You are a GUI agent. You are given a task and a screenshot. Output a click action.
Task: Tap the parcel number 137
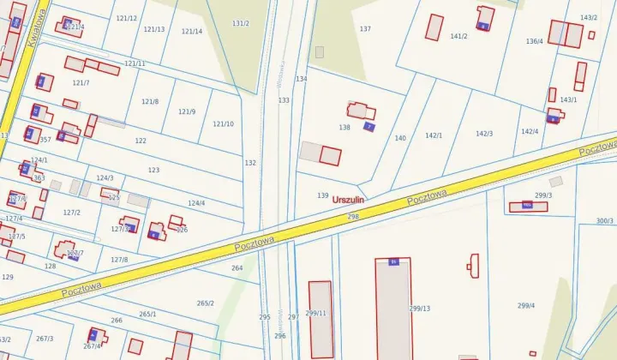tap(365, 29)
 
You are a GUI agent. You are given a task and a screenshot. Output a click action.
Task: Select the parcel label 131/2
tap(241, 23)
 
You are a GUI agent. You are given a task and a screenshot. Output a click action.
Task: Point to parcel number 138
tap(344, 128)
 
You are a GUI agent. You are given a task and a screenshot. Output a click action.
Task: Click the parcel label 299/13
tap(420, 309)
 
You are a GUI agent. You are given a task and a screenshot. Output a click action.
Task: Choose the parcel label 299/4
tap(526, 306)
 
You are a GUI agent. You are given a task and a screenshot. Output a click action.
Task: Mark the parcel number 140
tap(400, 138)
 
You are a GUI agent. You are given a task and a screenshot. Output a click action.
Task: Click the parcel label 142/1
tap(434, 135)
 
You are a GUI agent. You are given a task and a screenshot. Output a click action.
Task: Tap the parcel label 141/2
tap(458, 37)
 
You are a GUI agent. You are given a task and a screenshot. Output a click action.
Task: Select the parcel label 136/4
tap(534, 41)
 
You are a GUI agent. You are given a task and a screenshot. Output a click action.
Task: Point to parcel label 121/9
tap(187, 112)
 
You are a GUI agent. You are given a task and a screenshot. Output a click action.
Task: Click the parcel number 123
tap(153, 171)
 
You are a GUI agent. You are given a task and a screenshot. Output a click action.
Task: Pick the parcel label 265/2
tap(206, 303)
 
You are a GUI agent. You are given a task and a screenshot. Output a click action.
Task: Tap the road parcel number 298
tap(353, 218)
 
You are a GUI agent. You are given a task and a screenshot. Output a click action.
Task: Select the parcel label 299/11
tap(315, 313)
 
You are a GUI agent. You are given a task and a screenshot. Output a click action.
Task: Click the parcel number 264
tap(237, 268)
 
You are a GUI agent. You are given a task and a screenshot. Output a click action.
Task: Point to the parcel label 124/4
tap(196, 203)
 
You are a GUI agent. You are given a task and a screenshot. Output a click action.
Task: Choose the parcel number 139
tap(323, 196)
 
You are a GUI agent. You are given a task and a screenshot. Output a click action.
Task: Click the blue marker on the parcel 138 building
tap(368, 127)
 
